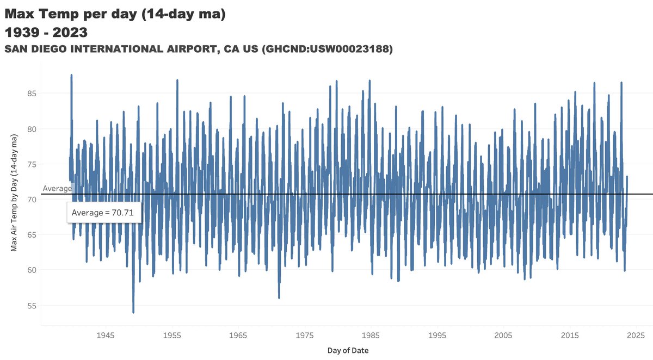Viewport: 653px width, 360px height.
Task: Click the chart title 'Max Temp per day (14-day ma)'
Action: point(115,14)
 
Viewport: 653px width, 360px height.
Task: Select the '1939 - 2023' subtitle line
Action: point(46,33)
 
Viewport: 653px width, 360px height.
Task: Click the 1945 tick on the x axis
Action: point(106,334)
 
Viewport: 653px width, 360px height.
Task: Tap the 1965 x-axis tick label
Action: point(238,334)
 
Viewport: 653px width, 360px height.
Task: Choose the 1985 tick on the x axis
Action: point(371,334)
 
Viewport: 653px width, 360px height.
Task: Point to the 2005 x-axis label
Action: point(504,334)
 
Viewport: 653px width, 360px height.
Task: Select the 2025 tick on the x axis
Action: point(636,334)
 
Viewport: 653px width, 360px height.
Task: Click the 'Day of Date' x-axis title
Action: point(348,351)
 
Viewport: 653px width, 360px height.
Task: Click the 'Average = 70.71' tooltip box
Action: point(104,212)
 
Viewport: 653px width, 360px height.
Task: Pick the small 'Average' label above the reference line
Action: point(57,188)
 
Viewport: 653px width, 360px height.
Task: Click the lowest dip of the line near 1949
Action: point(133,312)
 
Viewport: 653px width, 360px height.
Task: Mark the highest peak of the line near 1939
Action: point(71,76)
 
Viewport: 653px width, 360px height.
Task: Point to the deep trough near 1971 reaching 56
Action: point(279,297)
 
